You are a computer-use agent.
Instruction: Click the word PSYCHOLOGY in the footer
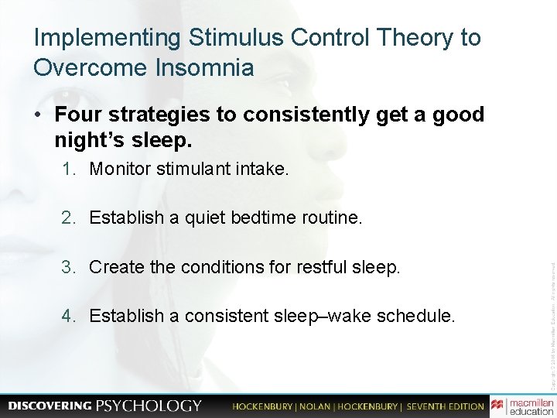point(149,406)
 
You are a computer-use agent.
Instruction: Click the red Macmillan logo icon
point(497,405)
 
